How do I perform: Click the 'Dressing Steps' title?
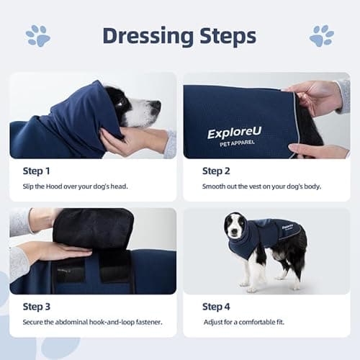click(x=179, y=35)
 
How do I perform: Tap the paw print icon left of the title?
click(x=36, y=35)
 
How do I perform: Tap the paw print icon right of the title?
click(x=321, y=35)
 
